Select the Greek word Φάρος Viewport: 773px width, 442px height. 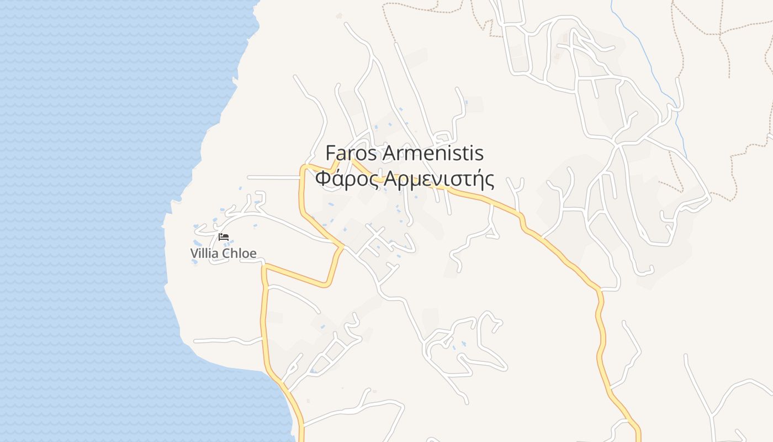click(346, 180)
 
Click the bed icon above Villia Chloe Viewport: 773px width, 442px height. click(223, 237)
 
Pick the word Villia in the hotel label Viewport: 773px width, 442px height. click(204, 254)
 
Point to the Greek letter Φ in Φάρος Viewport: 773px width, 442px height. click(323, 180)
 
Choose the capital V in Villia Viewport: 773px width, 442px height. click(194, 254)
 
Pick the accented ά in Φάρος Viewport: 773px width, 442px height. click(338, 180)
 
